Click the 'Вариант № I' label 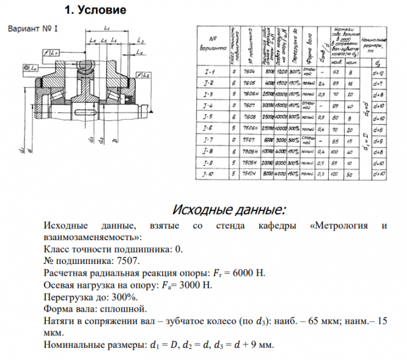pyautogui.click(x=32, y=29)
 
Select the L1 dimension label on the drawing pyautogui.click(x=107, y=29)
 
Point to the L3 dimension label pyautogui.click(x=140, y=41)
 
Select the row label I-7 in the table pyautogui.click(x=208, y=139)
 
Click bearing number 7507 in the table pyautogui.click(x=249, y=139)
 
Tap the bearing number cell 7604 pyautogui.click(x=249, y=72)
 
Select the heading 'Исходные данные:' pyautogui.click(x=229, y=210)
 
